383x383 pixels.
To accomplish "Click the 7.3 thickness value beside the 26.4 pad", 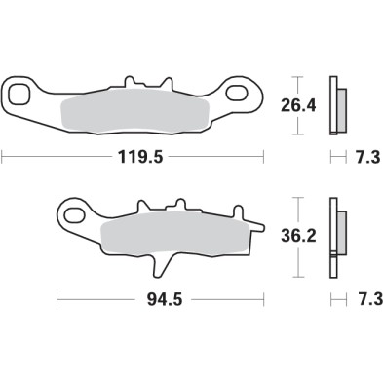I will (357, 154).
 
